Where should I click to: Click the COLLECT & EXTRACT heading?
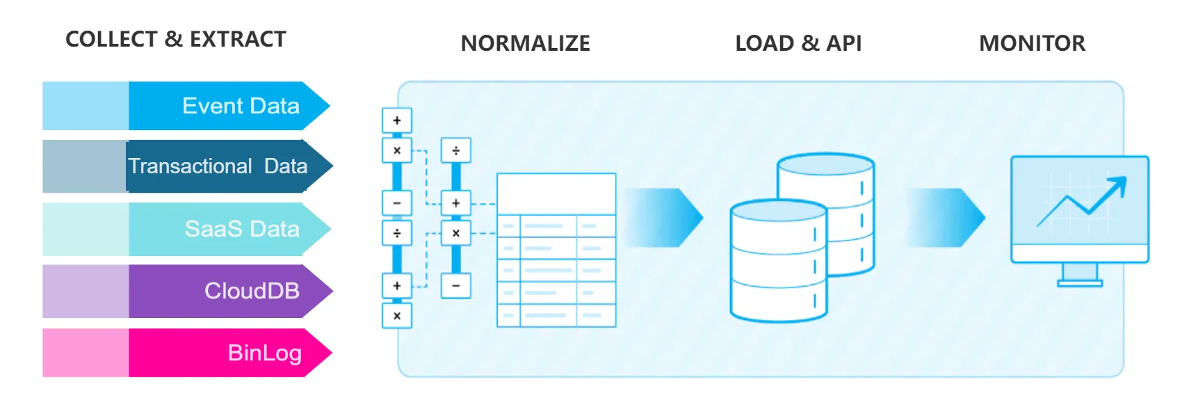tap(175, 40)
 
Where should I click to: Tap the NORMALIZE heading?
tap(525, 44)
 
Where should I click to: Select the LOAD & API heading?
tap(798, 44)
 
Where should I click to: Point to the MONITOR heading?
tap(1032, 44)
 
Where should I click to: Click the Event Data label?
tap(241, 106)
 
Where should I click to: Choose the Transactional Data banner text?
tap(218, 166)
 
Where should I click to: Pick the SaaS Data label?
tap(242, 229)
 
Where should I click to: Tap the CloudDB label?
tap(252, 291)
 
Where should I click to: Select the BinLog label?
tap(264, 353)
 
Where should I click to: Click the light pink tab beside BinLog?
tap(86, 353)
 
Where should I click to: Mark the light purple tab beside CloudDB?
tap(86, 291)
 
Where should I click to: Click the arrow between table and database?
tap(664, 217)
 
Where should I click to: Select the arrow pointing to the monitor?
tap(946, 217)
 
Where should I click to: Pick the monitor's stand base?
tap(1080, 283)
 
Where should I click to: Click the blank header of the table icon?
tap(556, 193)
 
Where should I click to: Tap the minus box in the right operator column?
tap(456, 285)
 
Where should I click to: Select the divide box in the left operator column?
tap(397, 233)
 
